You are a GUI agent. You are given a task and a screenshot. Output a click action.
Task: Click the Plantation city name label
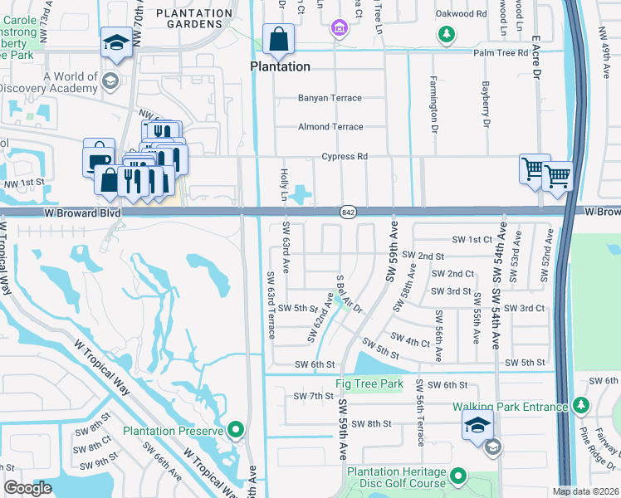tap(281, 66)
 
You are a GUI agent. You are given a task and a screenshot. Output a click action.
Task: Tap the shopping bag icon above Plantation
tap(279, 39)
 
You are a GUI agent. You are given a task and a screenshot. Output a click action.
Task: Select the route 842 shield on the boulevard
tap(348, 213)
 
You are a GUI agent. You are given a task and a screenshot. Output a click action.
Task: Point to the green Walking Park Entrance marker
tap(580, 406)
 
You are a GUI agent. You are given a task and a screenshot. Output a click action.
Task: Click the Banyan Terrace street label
tap(330, 98)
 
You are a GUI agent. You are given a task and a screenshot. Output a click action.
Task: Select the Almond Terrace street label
tap(330, 127)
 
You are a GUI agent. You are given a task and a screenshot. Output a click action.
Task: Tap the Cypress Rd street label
tap(345, 156)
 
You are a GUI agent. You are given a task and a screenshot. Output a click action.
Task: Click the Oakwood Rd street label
tap(461, 14)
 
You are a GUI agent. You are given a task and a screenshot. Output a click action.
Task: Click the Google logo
tap(27, 488)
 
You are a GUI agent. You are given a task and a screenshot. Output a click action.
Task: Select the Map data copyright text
tap(585, 491)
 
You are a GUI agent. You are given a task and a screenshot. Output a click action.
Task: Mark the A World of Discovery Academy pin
tap(110, 80)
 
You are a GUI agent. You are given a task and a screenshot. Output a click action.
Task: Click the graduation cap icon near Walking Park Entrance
tap(477, 425)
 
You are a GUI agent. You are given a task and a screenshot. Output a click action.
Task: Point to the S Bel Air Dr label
tap(349, 295)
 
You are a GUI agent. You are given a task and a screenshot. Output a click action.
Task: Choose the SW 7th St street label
tap(312, 397)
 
